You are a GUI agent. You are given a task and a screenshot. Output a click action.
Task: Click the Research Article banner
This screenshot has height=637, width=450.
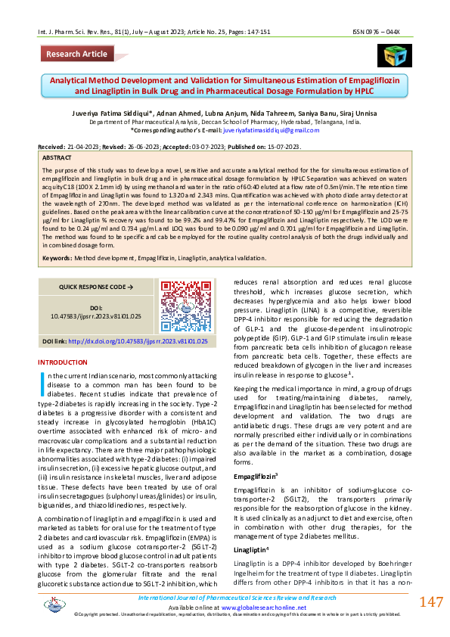pos(76,54)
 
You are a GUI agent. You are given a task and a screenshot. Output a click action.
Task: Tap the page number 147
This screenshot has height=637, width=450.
pos(430,602)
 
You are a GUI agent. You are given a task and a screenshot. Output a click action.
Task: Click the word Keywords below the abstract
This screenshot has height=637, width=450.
pos(57,258)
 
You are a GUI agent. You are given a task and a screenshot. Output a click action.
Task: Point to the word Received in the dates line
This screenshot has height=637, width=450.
pos(50,147)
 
